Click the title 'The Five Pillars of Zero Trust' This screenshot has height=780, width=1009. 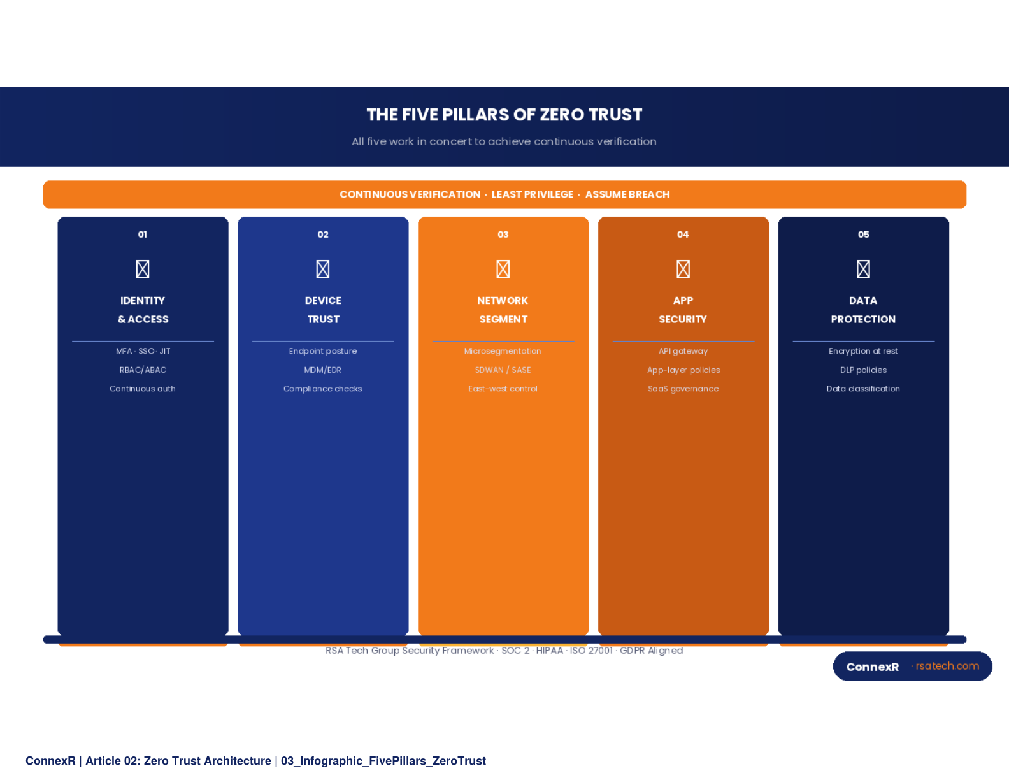[x=504, y=115]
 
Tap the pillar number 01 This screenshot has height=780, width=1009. [x=143, y=235]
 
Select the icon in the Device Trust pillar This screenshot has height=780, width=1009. [x=323, y=269]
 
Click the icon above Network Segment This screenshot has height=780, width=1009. [x=503, y=269]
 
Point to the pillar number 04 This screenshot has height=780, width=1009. [x=683, y=235]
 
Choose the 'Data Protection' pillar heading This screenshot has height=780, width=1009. [x=863, y=310]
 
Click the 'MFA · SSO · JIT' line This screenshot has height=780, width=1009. [x=143, y=351]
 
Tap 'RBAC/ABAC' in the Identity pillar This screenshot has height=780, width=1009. [x=143, y=370]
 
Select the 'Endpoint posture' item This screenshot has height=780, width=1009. [x=323, y=351]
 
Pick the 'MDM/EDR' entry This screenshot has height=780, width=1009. [x=323, y=370]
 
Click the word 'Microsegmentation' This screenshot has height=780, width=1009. [x=503, y=351]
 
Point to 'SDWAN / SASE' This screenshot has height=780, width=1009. [x=503, y=370]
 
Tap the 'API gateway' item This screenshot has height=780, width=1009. [x=683, y=351]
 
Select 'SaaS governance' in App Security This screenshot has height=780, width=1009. [x=683, y=389]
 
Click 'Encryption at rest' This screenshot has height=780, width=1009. [x=863, y=351]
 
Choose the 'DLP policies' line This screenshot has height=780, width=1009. [x=863, y=370]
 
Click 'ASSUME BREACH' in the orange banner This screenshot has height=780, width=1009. [x=627, y=194]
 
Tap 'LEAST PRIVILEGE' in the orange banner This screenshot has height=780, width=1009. [x=533, y=194]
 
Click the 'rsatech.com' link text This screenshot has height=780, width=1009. [x=947, y=666]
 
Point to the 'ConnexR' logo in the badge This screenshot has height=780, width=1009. [x=872, y=667]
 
